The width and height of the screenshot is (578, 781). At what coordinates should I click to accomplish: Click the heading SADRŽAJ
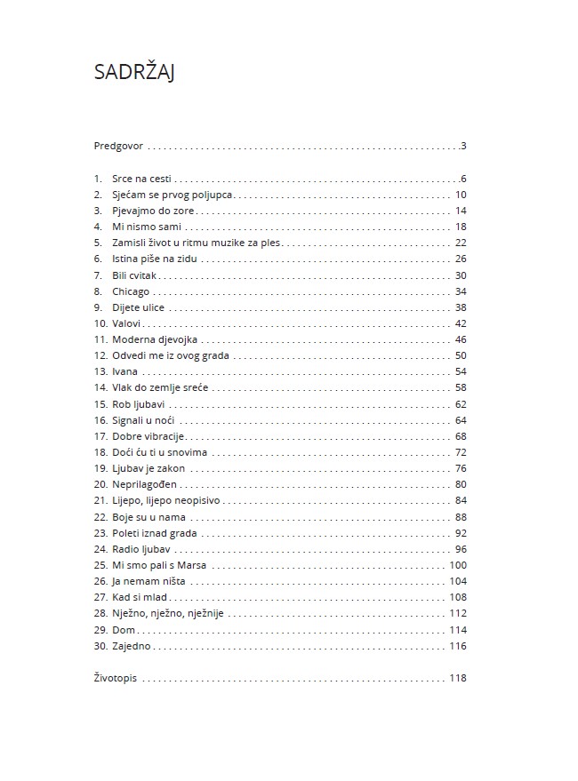point(133,73)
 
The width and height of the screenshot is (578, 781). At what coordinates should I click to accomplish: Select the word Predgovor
point(118,146)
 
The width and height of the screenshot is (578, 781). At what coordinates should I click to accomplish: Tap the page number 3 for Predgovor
point(463,146)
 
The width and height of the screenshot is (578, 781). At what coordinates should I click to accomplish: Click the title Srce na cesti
point(142,179)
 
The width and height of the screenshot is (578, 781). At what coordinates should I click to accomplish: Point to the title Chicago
point(131,291)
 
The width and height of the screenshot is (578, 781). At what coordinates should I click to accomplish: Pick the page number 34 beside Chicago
point(460,291)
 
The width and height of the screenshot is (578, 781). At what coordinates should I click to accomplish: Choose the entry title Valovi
point(127,323)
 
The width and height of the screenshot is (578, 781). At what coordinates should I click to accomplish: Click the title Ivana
point(124,371)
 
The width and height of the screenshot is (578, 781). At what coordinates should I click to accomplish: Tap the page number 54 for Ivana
point(460,371)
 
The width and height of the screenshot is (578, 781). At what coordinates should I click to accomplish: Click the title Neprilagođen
point(145,484)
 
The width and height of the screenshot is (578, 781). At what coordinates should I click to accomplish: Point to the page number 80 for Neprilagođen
point(460,484)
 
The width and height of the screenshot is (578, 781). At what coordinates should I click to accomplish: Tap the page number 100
point(458,565)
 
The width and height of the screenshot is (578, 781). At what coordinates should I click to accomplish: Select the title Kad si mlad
point(140,597)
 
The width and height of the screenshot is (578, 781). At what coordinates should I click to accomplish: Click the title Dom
point(123,630)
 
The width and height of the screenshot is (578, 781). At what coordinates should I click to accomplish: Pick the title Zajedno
point(132,646)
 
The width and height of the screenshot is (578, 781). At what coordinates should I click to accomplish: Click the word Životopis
point(116,679)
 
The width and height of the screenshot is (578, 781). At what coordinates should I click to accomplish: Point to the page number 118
point(458,679)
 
